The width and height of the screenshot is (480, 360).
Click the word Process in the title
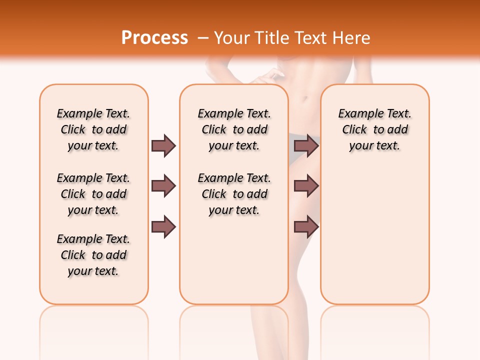154,38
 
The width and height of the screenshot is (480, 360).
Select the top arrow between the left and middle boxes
163,145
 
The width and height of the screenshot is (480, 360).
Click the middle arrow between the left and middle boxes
163,186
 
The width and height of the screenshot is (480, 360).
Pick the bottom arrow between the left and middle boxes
163,227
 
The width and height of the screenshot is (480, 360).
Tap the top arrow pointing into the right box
306,145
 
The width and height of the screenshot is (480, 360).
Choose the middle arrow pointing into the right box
306,186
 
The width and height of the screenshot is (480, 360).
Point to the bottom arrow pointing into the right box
306,227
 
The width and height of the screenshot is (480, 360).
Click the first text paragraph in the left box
93,129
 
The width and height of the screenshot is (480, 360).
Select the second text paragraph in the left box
93,194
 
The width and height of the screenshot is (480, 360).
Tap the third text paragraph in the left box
93,255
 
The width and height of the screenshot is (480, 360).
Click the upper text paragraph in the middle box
234,129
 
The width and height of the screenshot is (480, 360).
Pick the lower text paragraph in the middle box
234,194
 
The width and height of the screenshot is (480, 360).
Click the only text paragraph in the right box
375,129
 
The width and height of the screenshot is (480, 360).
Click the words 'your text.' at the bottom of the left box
93,271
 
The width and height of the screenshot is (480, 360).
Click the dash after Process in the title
203,38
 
